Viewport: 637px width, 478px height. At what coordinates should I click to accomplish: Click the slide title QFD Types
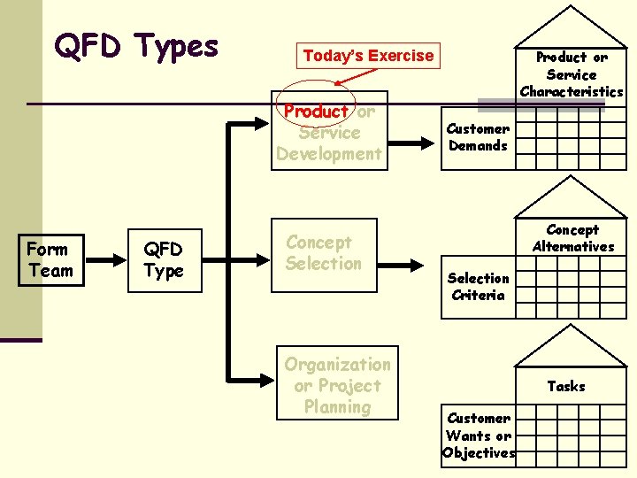pos(135,45)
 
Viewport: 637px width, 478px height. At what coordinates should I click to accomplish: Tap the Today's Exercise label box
pos(368,56)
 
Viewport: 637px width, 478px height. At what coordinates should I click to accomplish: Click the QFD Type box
pos(164,260)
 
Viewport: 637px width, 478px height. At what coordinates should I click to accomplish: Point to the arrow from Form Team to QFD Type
pos(107,260)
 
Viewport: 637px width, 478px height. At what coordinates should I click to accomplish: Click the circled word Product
pos(316,112)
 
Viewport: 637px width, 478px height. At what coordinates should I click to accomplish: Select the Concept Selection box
pos(324,253)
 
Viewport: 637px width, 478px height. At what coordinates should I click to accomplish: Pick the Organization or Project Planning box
pos(336,385)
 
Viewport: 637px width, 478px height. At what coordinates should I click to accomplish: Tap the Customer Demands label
pos(478,137)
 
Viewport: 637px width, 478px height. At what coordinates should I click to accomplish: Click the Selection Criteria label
pos(478,287)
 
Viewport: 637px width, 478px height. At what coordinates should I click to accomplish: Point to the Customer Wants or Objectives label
pos(479,436)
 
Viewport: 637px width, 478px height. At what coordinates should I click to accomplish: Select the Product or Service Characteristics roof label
pos(572,74)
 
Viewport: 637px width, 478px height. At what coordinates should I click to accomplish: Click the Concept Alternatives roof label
pos(572,238)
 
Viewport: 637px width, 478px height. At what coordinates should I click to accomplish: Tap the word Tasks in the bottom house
pos(566,386)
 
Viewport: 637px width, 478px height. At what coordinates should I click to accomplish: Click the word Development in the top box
pos(329,154)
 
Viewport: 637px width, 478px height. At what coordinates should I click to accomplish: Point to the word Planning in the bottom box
pos(337,407)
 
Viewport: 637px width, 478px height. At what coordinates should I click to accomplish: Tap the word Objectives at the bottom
pos(479,453)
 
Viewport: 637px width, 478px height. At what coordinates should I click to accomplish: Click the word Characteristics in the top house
pos(572,91)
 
